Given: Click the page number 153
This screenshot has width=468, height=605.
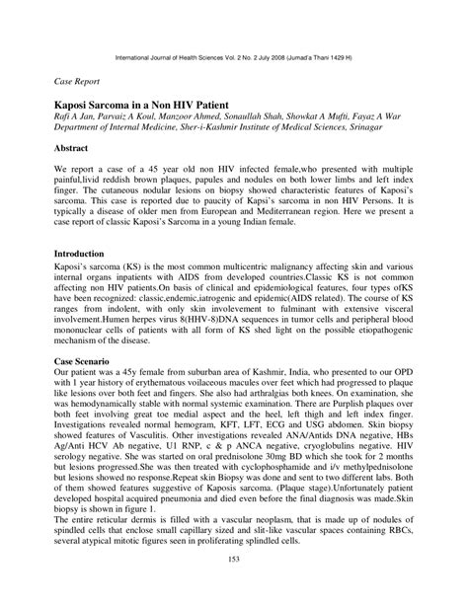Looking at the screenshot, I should click(234, 589).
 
